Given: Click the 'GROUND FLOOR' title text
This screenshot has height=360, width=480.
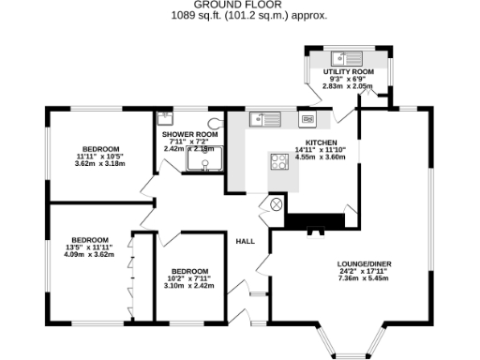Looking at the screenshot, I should [x=240, y=5].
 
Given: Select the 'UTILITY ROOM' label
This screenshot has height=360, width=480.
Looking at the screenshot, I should [x=349, y=72].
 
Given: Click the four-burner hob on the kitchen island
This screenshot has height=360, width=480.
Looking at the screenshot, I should [x=279, y=160].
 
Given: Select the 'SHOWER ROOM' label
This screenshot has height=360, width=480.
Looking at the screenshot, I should [x=190, y=134].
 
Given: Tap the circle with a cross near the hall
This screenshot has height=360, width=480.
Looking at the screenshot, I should [x=277, y=203].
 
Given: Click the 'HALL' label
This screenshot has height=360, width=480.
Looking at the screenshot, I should [x=246, y=241].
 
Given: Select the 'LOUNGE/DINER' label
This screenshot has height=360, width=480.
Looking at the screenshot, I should [x=362, y=263].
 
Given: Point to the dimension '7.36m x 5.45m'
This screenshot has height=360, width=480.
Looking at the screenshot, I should [x=362, y=278].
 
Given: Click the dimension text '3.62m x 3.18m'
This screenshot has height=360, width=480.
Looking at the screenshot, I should [x=99, y=164].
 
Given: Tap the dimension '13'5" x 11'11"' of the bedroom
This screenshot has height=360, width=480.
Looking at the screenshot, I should [x=88, y=247].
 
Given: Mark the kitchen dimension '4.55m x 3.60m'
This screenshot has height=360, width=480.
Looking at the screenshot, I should [x=321, y=157].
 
